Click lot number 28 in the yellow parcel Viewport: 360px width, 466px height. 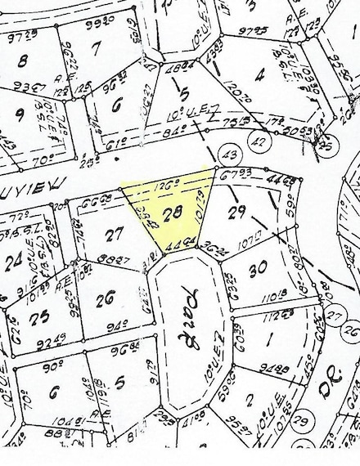click(171, 214)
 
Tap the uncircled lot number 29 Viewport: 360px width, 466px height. click(238, 213)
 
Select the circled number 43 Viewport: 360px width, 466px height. click(229, 155)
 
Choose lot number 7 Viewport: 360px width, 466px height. click(96, 49)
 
